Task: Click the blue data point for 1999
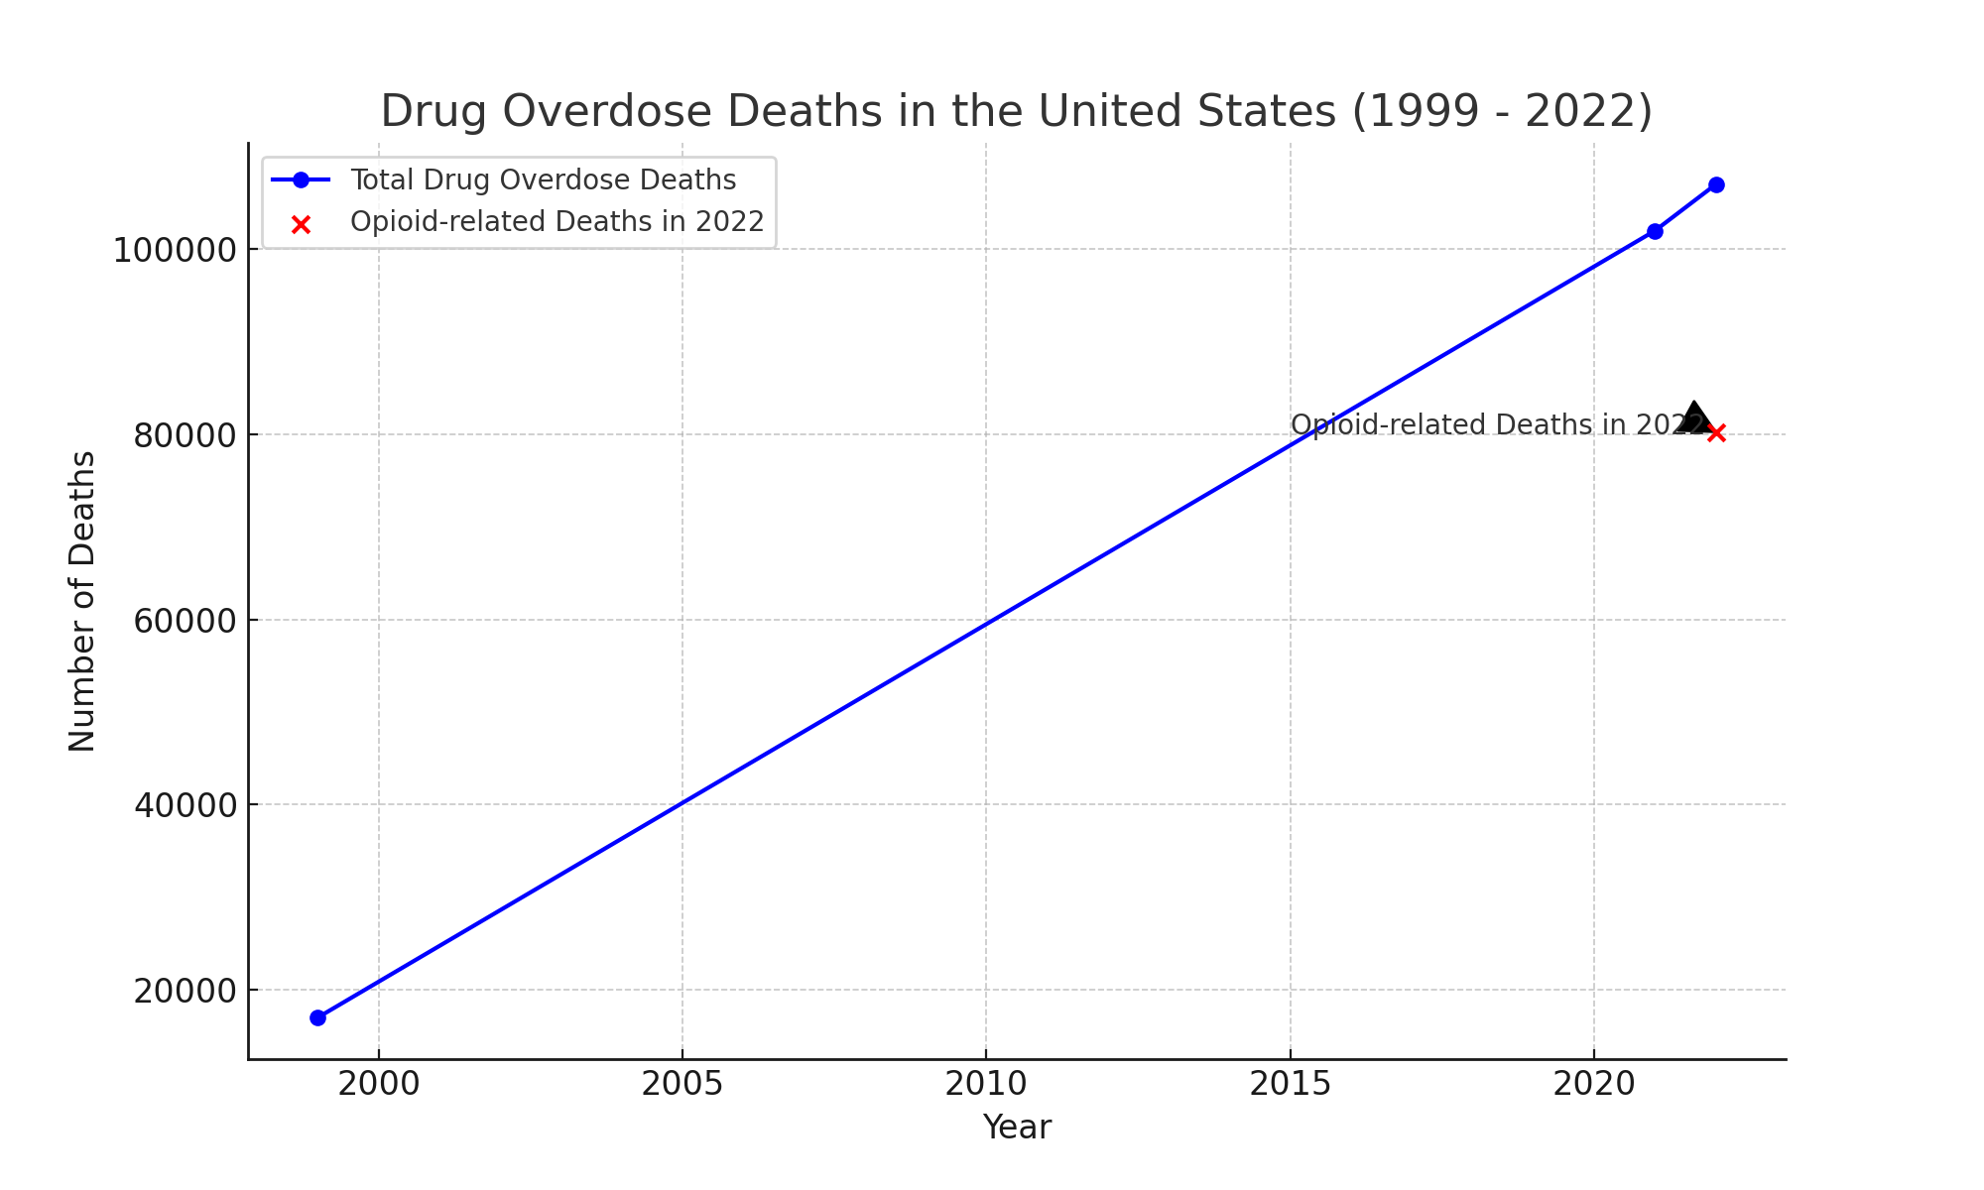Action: click(x=317, y=1017)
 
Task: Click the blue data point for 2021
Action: click(x=1655, y=231)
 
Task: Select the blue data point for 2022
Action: click(x=1716, y=184)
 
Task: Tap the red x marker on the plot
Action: click(x=1716, y=432)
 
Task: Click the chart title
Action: click(x=1016, y=111)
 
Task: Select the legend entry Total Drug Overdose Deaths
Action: click(x=543, y=179)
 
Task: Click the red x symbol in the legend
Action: click(x=302, y=224)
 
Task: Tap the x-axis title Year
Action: click(x=1016, y=1128)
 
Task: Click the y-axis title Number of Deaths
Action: click(x=82, y=601)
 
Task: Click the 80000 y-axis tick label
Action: click(x=185, y=435)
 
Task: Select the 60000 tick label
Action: click(x=185, y=621)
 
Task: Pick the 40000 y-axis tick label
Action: click(x=185, y=805)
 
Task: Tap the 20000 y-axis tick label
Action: click(x=185, y=991)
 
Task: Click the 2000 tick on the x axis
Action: click(x=378, y=1084)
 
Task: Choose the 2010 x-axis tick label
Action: click(x=986, y=1084)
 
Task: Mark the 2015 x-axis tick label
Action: click(x=1290, y=1084)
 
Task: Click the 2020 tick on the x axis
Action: click(x=1593, y=1084)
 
